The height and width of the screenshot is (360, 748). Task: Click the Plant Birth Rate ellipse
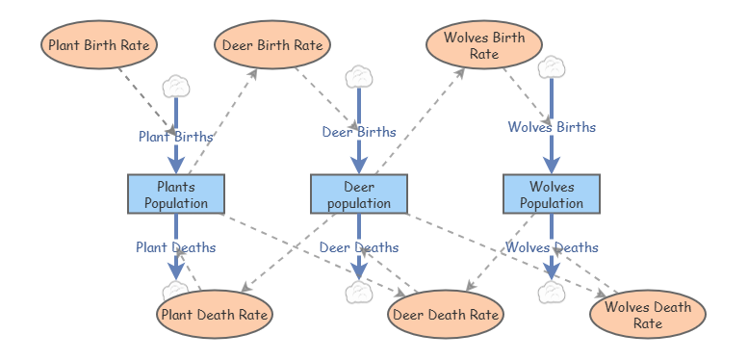(x=99, y=45)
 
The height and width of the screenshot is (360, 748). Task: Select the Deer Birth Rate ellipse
(x=272, y=45)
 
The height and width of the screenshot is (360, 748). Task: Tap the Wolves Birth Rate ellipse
(x=484, y=45)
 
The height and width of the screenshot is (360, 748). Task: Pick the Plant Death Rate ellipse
(x=215, y=314)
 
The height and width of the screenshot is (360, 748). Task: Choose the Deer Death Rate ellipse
(x=446, y=314)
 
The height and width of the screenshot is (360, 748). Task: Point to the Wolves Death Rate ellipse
(x=648, y=314)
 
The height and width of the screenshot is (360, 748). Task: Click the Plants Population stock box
(x=176, y=194)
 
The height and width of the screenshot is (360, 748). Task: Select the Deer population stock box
(x=359, y=194)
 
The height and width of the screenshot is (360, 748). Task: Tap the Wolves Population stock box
(x=552, y=194)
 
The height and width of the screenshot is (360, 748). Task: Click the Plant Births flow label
(x=175, y=137)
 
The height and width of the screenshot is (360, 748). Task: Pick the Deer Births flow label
(x=359, y=132)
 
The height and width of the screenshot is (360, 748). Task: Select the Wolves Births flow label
(x=552, y=127)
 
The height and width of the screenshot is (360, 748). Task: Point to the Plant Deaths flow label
(x=175, y=247)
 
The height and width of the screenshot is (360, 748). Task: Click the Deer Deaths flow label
(x=359, y=247)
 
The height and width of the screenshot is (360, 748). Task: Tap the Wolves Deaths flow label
(x=552, y=247)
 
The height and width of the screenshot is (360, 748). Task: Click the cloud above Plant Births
(x=176, y=87)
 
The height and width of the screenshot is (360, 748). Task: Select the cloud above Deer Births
(x=359, y=77)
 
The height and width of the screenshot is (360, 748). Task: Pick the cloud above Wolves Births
(x=552, y=67)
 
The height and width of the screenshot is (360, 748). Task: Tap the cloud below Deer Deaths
(x=359, y=292)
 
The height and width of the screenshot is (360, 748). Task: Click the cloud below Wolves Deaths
(x=552, y=292)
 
